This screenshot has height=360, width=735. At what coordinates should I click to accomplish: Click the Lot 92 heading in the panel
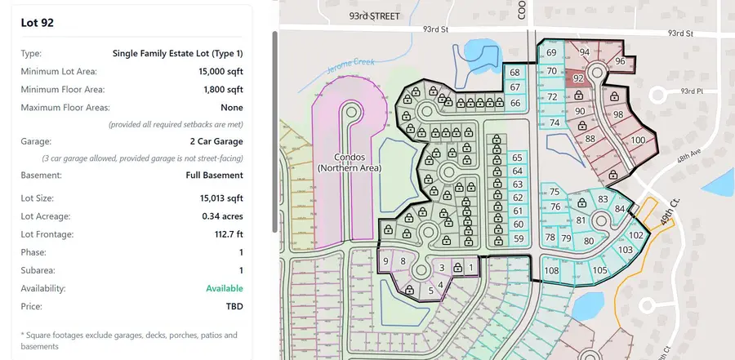coord(38,23)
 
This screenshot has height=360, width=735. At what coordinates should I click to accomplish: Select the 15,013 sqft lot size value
coord(221,198)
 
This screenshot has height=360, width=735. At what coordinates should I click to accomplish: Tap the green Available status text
coord(225,288)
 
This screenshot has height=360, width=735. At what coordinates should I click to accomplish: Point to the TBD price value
coord(234,307)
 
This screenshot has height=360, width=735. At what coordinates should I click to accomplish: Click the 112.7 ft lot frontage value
coord(229,234)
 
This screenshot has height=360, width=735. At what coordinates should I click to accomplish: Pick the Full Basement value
coord(214,176)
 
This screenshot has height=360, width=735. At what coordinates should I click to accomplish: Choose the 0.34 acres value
coord(222,216)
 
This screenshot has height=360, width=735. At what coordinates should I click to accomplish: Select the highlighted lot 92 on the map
coord(578,78)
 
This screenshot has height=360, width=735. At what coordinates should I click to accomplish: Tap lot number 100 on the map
coord(638,140)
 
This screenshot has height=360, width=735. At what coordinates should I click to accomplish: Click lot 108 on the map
coord(551,270)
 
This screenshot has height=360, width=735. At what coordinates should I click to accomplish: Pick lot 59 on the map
coord(519,238)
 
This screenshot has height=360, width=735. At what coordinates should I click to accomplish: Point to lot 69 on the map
coord(551,52)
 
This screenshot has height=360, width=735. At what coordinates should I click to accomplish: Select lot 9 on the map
coord(385,261)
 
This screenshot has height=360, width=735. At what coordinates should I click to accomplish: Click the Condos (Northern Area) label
coord(350,162)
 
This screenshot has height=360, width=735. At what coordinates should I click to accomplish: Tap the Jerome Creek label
coord(350,66)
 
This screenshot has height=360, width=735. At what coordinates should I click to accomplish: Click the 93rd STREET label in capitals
coord(375,16)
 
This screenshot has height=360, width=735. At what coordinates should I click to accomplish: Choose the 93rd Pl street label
coord(693,91)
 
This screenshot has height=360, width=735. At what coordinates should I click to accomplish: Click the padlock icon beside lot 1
coord(458,268)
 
